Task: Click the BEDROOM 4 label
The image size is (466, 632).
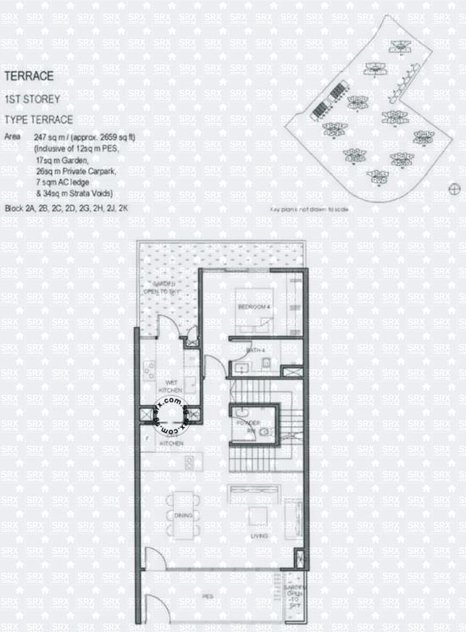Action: coord(252,306)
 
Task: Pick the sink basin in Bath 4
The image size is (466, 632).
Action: coord(241,366)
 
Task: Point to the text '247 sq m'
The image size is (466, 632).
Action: coord(52,136)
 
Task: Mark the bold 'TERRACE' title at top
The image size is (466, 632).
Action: coord(31,76)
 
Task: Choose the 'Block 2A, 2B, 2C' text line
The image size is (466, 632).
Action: coord(42,208)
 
